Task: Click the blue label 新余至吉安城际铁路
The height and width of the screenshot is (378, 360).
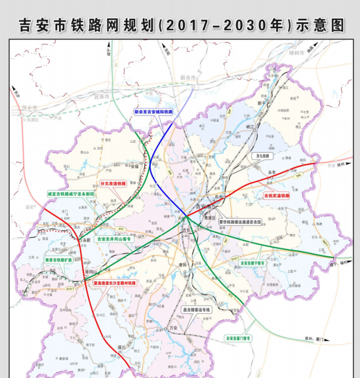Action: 153,112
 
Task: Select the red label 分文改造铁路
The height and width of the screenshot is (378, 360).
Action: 111,184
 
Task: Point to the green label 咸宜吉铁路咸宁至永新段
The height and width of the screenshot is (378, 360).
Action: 71,194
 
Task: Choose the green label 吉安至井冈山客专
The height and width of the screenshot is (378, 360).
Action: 115,240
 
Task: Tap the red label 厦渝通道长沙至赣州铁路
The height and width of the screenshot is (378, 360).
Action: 115,284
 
